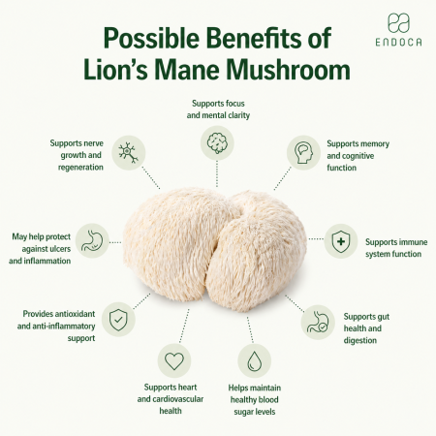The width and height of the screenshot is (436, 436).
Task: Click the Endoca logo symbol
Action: (x=398, y=23)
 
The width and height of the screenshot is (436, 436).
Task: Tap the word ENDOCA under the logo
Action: (x=398, y=42)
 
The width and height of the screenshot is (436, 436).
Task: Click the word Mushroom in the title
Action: (x=288, y=70)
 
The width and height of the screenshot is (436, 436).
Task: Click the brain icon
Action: (x=217, y=143)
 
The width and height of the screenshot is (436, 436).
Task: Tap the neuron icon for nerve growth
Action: (x=128, y=152)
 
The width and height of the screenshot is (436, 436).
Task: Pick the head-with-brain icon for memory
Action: (x=303, y=152)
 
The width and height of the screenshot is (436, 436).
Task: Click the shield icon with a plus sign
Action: (x=341, y=241)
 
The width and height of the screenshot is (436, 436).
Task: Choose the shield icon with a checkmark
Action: (x=118, y=320)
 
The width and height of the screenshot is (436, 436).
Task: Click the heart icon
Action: (x=174, y=360)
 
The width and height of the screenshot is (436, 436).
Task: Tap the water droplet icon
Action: (x=254, y=361)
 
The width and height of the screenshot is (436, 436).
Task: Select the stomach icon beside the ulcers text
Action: (x=92, y=240)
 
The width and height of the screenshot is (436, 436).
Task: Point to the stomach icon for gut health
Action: (x=318, y=322)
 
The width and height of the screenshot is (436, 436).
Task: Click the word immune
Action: (x=412, y=242)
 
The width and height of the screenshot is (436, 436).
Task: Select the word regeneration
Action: (x=80, y=168)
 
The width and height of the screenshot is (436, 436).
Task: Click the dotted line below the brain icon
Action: (x=217, y=174)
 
